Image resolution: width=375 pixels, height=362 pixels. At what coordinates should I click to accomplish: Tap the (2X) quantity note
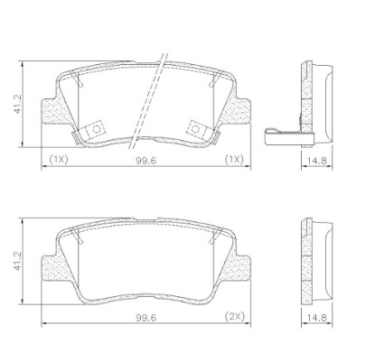236,317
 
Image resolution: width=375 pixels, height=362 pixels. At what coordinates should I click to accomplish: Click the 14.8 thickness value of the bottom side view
315,317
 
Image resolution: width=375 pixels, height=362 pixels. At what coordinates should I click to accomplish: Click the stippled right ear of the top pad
240,115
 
